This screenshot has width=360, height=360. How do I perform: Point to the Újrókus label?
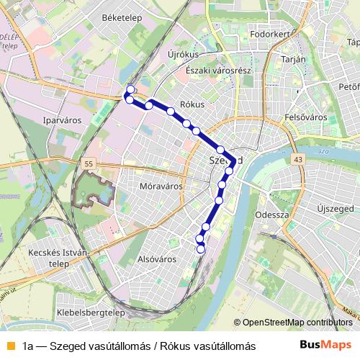pyautogui.click(x=182, y=55)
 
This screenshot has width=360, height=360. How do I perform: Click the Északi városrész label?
pyautogui.click(x=217, y=71)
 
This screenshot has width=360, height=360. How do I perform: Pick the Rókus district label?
pyautogui.click(x=192, y=104)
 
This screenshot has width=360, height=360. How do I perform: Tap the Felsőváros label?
pyautogui.click(x=306, y=116)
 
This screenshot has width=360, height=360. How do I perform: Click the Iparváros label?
pyautogui.click(x=62, y=120)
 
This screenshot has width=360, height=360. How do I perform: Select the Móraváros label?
pyautogui.click(x=159, y=186)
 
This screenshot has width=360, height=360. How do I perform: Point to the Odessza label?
pyautogui.click(x=272, y=215)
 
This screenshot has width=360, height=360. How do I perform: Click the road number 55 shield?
pyautogui.click(x=87, y=165)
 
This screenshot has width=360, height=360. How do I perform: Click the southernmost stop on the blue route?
pyautogui.click(x=201, y=249)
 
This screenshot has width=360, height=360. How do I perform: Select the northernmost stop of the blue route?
pyautogui.click(x=130, y=90)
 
